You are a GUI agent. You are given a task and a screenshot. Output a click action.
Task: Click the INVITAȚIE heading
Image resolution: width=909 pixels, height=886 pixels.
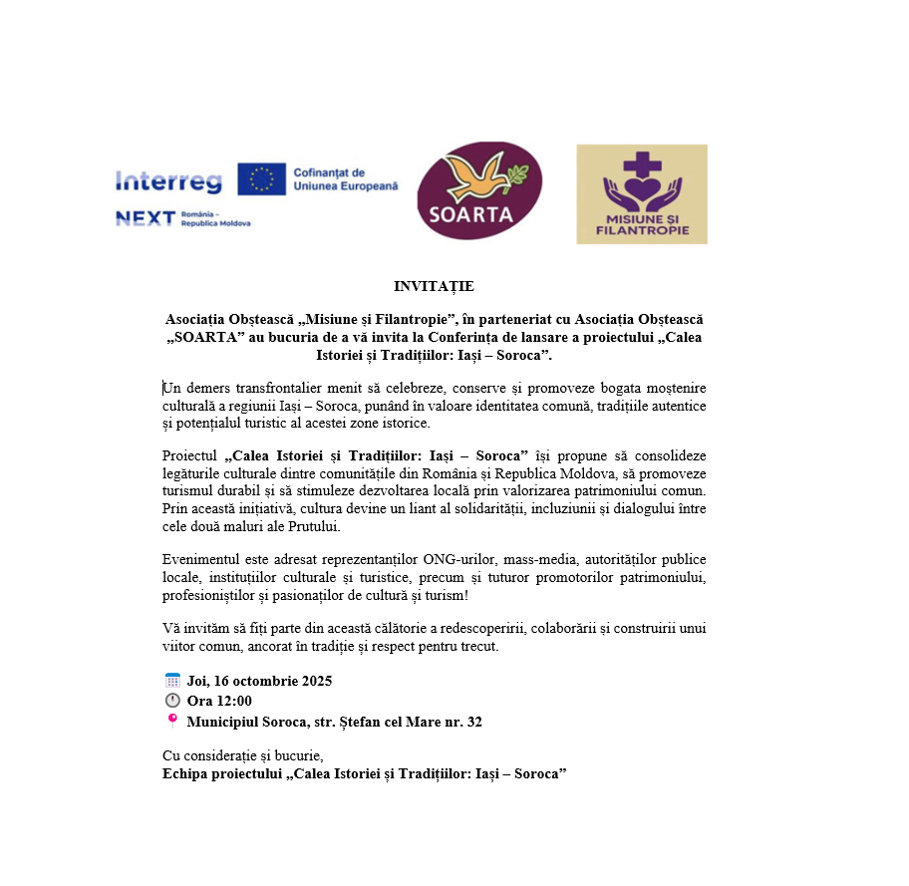434,287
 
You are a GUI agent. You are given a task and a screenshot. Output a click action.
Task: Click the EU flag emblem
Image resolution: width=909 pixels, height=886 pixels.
261,179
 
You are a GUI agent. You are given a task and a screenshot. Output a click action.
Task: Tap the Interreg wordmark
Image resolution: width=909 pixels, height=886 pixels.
167,181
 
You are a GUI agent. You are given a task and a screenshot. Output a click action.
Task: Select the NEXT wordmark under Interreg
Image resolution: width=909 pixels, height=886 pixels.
146,218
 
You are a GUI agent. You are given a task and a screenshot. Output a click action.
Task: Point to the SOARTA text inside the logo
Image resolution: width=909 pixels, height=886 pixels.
478,214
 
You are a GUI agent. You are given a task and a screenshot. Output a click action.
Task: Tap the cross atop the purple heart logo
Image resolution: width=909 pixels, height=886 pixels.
641,160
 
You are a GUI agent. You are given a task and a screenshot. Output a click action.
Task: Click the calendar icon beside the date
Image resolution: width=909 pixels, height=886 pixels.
171,681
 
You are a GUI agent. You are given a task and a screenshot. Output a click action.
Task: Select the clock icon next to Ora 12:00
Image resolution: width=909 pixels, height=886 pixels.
171,701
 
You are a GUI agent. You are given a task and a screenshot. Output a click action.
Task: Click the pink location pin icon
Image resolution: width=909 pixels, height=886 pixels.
171,721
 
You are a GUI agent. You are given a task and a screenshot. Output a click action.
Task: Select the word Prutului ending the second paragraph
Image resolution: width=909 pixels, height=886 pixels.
314,527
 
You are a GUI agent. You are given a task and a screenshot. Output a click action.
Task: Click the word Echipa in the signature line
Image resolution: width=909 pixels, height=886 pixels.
186,773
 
